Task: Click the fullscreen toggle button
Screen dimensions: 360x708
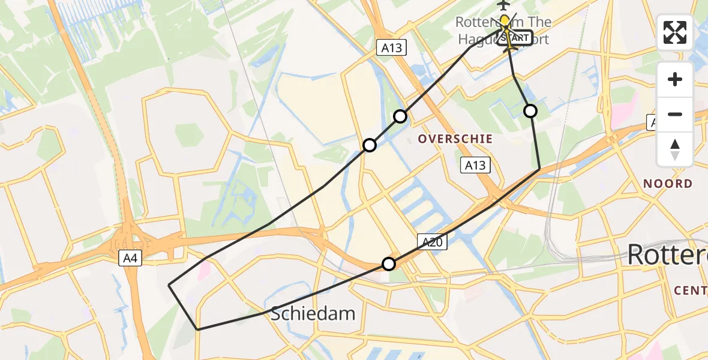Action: pyautogui.click(x=675, y=32)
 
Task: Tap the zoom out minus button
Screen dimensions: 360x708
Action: pyautogui.click(x=675, y=114)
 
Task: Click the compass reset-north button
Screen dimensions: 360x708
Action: pyautogui.click(x=675, y=149)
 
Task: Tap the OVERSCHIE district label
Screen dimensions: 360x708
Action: pyautogui.click(x=455, y=139)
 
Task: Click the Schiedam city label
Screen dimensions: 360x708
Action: pyautogui.click(x=313, y=313)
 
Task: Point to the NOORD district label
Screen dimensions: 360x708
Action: pyautogui.click(x=667, y=184)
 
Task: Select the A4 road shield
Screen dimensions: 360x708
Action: pyautogui.click(x=130, y=259)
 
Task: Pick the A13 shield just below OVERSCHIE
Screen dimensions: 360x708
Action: pyautogui.click(x=475, y=165)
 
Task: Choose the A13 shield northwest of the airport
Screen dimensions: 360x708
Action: pyautogui.click(x=392, y=48)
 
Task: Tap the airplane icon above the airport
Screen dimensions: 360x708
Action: pyautogui.click(x=503, y=5)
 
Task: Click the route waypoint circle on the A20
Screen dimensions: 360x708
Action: pyautogui.click(x=389, y=264)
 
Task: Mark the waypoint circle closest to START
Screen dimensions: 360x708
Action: pyautogui.click(x=530, y=110)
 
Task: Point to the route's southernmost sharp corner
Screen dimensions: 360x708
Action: pyautogui.click(x=197, y=329)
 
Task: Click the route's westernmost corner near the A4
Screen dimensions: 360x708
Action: pyautogui.click(x=169, y=285)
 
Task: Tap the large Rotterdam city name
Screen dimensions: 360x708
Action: pyautogui.click(x=666, y=255)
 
